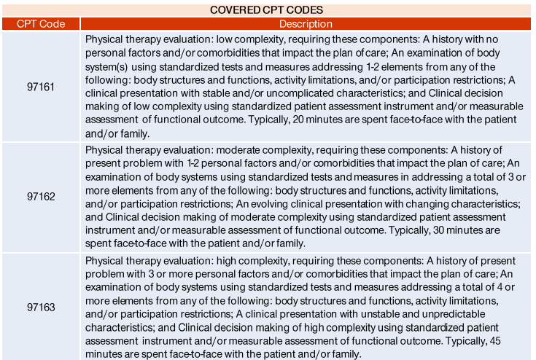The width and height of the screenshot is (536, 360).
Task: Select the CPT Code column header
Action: [x=41, y=24]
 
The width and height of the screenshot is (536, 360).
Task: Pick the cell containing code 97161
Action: [x=41, y=86]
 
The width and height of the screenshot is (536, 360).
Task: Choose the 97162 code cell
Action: [x=41, y=197]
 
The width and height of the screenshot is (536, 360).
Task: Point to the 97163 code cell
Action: [x=41, y=307]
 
